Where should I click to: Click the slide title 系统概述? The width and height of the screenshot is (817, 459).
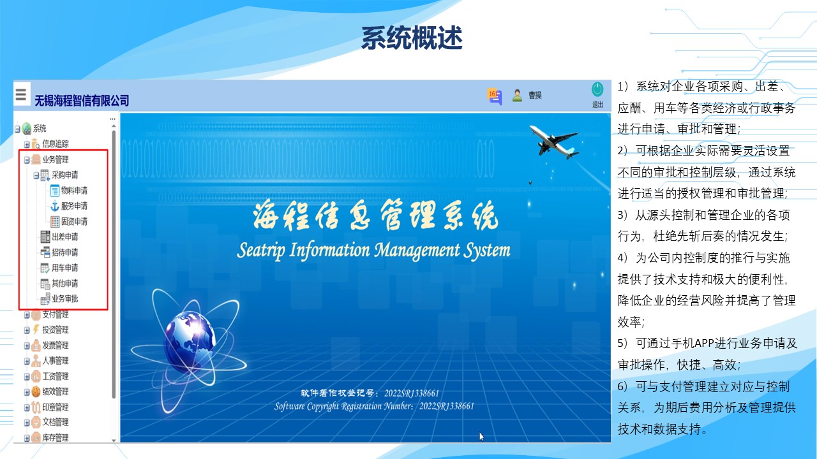pos(412,38)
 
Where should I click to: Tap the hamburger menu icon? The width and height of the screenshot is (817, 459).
pos(21,94)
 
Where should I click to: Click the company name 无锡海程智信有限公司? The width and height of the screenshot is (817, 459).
pos(82,101)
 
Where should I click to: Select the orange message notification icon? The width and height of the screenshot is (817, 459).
pos(494,96)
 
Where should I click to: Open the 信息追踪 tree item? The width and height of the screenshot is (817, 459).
pos(56,144)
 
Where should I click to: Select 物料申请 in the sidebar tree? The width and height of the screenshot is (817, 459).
pos(74,191)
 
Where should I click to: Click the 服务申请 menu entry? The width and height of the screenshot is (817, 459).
pos(74,206)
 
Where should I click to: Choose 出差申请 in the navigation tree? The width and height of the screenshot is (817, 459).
pos(65,237)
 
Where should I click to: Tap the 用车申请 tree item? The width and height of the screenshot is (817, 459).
pos(65,268)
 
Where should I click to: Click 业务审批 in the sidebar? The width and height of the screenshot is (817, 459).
pos(65,299)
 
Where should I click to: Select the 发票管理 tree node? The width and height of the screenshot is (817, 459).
pos(56,345)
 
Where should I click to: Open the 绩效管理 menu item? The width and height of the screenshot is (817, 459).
pos(56,391)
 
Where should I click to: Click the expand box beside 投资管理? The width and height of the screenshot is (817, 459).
pos(27,330)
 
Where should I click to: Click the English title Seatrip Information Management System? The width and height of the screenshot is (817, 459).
pos(373,251)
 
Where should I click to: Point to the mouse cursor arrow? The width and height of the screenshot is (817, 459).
pos(481,437)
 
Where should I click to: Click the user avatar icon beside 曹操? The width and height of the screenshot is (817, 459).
pos(517,96)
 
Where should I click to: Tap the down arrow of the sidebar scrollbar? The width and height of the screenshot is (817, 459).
pos(114,441)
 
